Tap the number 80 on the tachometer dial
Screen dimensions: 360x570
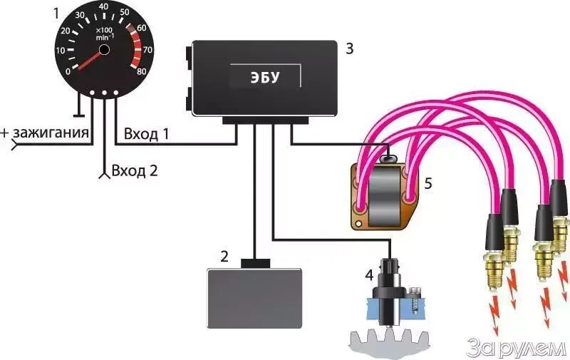click(142, 71)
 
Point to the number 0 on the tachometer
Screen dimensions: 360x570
click(68, 71)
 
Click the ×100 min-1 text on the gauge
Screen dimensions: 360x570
click(105, 33)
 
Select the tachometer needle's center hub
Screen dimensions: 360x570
click(104, 49)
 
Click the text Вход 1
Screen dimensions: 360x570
click(147, 133)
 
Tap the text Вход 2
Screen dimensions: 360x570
click(134, 170)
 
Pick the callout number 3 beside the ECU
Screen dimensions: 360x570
click(349, 48)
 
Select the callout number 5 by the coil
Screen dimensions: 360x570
click(428, 182)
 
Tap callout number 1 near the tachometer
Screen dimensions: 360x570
click(57, 12)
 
